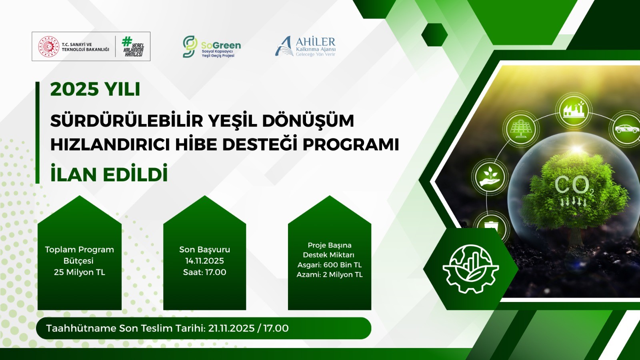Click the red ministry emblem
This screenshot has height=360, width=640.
[x=48, y=46]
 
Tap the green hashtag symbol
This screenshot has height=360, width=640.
[x=126, y=42]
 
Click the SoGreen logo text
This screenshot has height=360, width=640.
[x=221, y=45]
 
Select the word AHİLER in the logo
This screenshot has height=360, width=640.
[x=316, y=42]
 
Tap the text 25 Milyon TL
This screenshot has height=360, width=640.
[x=80, y=272]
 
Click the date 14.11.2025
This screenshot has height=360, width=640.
[x=204, y=261]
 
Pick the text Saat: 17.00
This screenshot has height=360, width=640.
[x=204, y=272]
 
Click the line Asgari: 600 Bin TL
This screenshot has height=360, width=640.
[x=330, y=265]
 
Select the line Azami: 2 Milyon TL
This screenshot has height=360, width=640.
[x=330, y=274]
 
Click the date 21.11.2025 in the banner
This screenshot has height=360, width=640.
[x=232, y=328]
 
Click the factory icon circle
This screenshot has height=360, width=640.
[x=574, y=110]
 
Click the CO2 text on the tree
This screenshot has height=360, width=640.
[x=574, y=185]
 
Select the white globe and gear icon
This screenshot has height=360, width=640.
[x=470, y=269]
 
